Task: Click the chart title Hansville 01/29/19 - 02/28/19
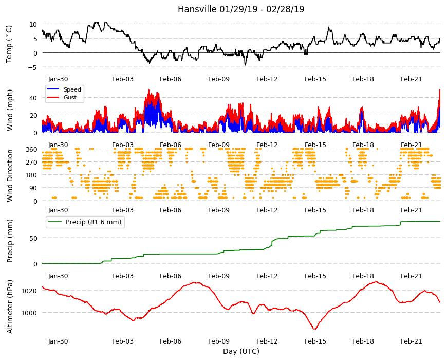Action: tap(241, 9)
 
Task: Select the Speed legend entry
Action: tap(63, 89)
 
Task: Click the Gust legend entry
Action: tap(62, 97)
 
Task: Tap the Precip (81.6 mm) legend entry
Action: tap(85, 222)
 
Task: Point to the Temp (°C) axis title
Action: tap(9, 44)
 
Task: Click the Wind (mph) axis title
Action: tap(10, 110)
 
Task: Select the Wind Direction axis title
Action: tap(10, 175)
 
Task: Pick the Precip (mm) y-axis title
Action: tap(10, 241)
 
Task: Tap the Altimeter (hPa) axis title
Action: tap(10, 307)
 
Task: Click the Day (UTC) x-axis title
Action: tap(241, 351)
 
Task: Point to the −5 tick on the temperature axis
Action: tap(33, 67)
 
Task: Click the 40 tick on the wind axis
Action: tap(33, 98)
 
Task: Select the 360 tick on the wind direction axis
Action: tap(32, 150)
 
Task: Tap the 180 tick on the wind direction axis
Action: tap(32, 175)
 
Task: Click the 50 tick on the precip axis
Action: tap(33, 238)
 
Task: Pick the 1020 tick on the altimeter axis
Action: tap(29, 291)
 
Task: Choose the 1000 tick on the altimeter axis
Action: tap(29, 313)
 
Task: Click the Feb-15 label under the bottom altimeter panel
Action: tap(315, 341)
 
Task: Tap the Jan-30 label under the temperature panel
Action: tap(58, 79)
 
